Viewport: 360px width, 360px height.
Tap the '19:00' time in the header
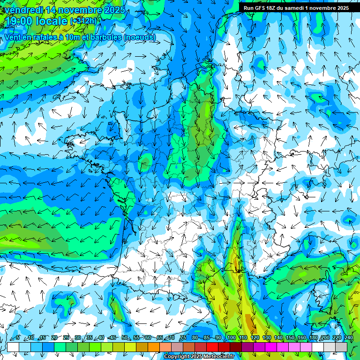(19, 21)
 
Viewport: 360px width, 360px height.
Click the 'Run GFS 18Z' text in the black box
(260, 8)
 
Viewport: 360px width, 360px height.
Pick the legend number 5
(18, 338)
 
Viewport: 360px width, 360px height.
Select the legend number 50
(124, 338)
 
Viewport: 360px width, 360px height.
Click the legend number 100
(231, 338)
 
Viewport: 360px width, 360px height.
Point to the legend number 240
(348, 338)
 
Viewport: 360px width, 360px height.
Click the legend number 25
(66, 338)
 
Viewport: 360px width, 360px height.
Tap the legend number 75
(183, 338)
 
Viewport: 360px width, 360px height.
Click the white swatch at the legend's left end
(13, 347)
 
